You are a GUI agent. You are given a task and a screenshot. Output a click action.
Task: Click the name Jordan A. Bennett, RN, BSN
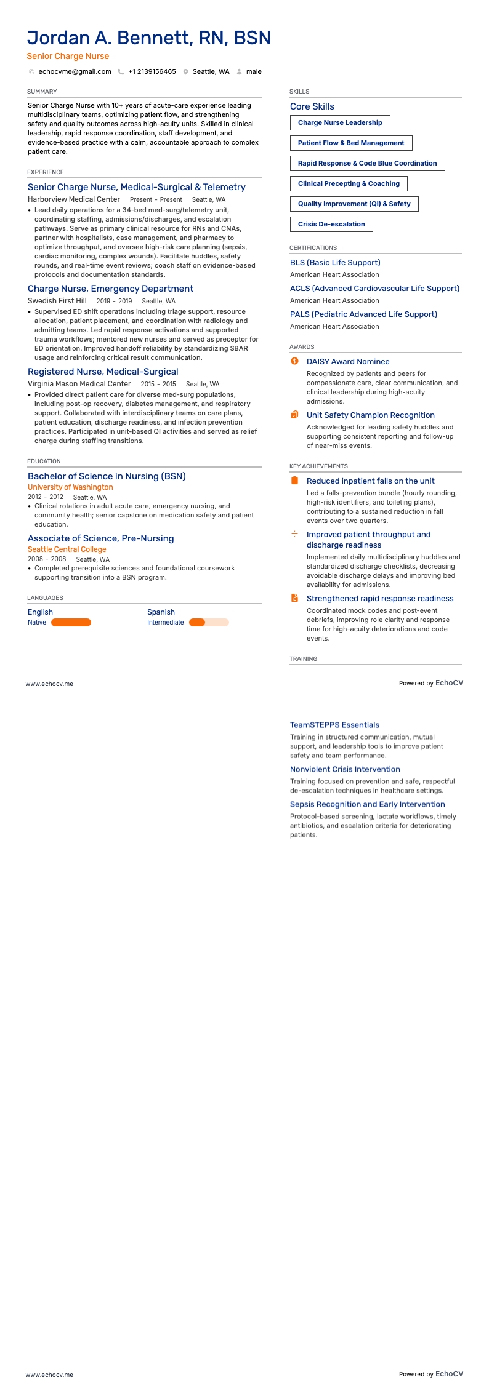(x=149, y=38)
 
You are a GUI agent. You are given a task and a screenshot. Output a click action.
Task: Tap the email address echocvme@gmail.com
(x=75, y=72)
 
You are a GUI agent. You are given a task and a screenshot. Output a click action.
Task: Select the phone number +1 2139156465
(x=152, y=72)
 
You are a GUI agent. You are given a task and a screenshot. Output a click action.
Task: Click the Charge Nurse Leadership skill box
(x=340, y=123)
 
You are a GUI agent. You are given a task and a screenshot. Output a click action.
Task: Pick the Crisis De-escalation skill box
(x=331, y=225)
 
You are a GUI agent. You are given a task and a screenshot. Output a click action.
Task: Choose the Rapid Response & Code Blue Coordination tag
(x=367, y=164)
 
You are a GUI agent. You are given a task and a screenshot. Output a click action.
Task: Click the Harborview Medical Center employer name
(x=74, y=199)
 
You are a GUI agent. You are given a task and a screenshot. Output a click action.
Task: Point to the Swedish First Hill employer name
(x=57, y=301)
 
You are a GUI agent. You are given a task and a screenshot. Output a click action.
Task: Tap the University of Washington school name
(x=70, y=487)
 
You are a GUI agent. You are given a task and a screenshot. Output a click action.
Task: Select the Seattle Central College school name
(x=67, y=549)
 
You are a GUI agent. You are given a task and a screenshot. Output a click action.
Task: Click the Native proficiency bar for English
(x=71, y=623)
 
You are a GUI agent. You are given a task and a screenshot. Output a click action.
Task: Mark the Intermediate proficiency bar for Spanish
(x=209, y=623)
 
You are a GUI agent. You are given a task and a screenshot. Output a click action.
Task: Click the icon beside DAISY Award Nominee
(x=294, y=361)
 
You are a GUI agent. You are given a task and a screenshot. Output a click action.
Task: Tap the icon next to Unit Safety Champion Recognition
(x=294, y=415)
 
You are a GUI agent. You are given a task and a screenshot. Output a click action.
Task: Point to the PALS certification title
(x=363, y=314)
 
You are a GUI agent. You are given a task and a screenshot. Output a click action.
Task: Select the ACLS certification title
(x=374, y=289)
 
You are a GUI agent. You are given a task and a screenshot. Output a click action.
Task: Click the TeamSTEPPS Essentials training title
(x=334, y=725)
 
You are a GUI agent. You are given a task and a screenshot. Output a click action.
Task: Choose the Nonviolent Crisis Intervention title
(x=345, y=770)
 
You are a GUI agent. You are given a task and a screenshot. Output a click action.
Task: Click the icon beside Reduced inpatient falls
(x=294, y=481)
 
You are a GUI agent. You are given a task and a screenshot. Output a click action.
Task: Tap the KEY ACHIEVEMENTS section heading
(x=318, y=466)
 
